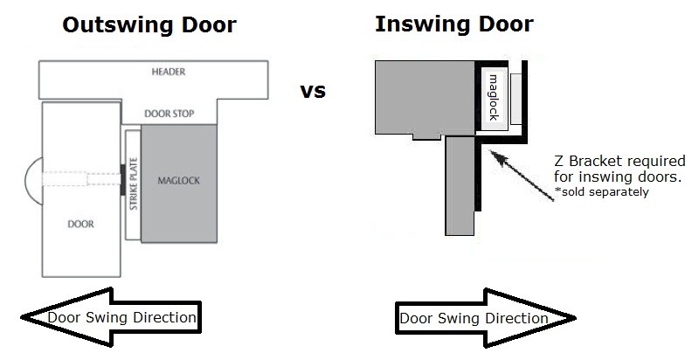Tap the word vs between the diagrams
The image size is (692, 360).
[x=313, y=90]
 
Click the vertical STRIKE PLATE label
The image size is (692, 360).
[x=133, y=183]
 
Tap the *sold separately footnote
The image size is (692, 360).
[x=602, y=191]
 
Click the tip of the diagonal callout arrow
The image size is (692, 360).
[x=492, y=152]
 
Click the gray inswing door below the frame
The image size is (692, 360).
[x=459, y=185]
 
